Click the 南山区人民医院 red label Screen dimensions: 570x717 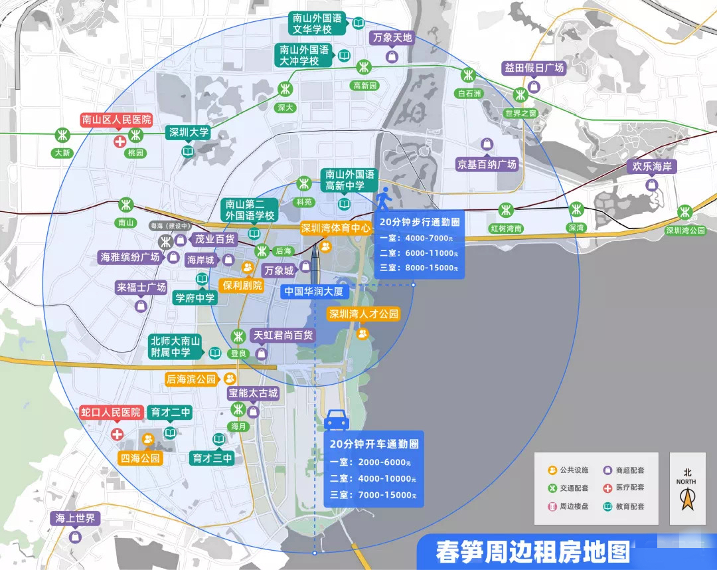tap(116, 120)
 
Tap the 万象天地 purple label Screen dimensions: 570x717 tap(392, 38)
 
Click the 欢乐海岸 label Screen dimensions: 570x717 tap(651, 167)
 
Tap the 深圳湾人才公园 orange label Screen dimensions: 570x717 tap(364, 314)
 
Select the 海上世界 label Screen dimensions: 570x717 tap(76, 518)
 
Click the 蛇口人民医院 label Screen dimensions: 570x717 tap(111, 413)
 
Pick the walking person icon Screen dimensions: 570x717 tap(383, 199)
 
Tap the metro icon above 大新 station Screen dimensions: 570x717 tap(62, 136)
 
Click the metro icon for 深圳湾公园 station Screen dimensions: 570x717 tap(684, 213)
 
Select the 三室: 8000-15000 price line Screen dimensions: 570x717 tap(419, 268)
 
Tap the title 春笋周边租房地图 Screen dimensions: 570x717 tap(532, 551)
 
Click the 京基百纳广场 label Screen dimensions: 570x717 tap(487, 164)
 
